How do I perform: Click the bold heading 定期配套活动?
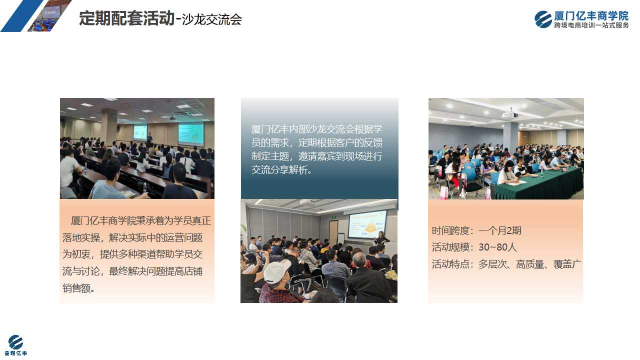(x=126, y=18)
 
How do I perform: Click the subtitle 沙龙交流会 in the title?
(x=211, y=19)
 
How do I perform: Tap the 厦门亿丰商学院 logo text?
(x=591, y=15)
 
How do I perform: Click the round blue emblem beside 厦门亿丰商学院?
(x=543, y=19)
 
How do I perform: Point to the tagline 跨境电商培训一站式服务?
(x=591, y=25)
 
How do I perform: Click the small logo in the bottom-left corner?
(x=15, y=345)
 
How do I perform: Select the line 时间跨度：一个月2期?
(x=476, y=230)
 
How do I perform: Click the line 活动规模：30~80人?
(x=474, y=247)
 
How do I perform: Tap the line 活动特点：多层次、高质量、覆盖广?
(x=506, y=264)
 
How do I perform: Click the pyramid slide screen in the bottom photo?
(x=367, y=224)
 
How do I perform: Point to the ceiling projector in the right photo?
(x=510, y=114)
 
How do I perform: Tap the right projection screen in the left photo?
(x=191, y=133)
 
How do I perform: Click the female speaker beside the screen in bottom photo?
(x=381, y=238)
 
